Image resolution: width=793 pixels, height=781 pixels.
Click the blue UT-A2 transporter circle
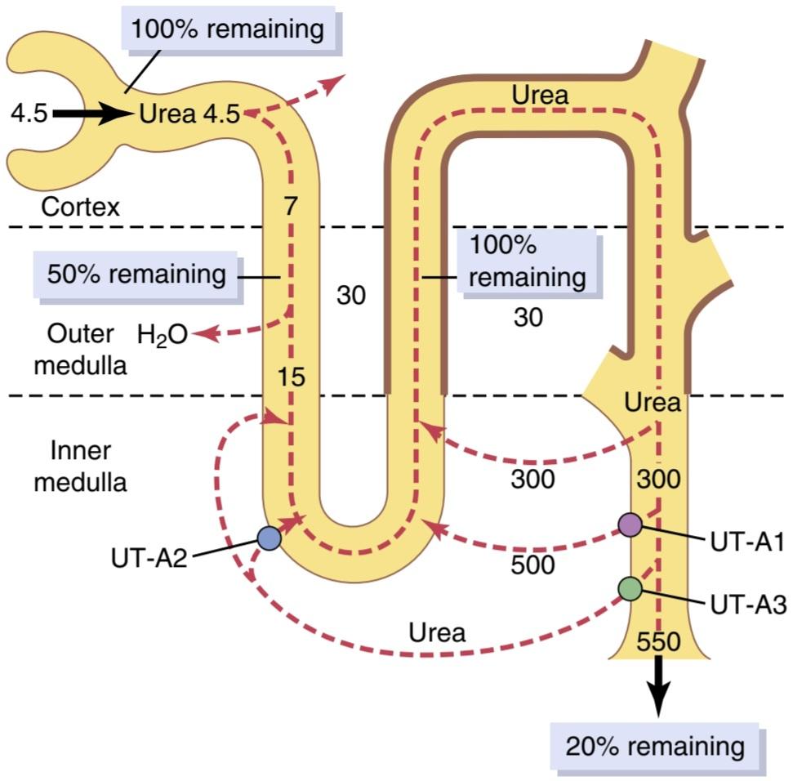pos(269,538)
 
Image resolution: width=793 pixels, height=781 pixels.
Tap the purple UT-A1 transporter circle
pos(630,524)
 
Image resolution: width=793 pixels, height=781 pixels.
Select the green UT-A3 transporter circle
pos(630,589)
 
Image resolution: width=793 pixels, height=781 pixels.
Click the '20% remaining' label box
pos(655,748)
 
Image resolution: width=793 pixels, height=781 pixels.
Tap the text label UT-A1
pos(747,542)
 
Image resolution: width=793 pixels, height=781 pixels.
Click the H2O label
pos(163,336)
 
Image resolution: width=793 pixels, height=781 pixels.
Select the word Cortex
pos(80,207)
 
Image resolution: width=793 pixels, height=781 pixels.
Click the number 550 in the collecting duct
pos(658,642)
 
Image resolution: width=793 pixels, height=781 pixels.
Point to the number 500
pos(532,565)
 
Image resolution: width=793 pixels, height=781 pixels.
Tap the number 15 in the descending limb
pos(291,377)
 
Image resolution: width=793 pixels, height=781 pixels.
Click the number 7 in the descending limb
pos(290,206)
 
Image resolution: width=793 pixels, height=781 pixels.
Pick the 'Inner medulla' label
pos(80,466)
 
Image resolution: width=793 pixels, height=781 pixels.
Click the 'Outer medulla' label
pos(80,350)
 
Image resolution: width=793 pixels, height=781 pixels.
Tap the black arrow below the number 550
pos(658,686)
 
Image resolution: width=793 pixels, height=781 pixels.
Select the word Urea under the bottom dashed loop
pos(437,633)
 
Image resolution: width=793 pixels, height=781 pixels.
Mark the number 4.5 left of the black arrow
pos(29,114)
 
